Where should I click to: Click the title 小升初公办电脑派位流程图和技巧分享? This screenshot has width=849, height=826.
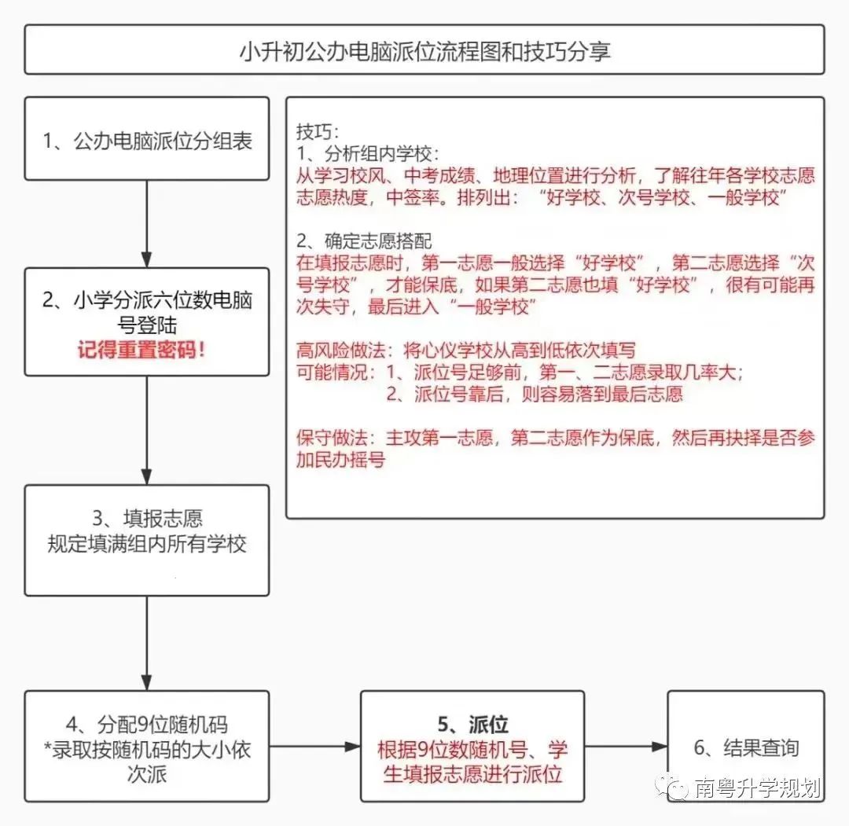point(425,51)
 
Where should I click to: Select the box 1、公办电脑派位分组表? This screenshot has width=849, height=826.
point(147,138)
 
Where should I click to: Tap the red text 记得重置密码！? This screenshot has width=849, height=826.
point(141,351)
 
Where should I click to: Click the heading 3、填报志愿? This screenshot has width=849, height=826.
point(147,518)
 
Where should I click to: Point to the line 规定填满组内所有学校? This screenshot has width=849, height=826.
point(147,543)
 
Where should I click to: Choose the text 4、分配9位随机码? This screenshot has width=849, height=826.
point(147,725)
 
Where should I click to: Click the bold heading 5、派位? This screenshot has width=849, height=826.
point(472,724)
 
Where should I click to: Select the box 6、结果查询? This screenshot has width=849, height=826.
point(746,746)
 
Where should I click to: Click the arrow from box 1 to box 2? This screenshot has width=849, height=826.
point(147,224)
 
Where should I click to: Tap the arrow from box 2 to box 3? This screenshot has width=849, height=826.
point(147,431)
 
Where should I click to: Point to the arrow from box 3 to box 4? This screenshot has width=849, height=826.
point(147,644)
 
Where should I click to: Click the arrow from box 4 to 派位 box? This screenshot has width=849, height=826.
point(315,747)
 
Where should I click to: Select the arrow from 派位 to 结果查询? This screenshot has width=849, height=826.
point(626,747)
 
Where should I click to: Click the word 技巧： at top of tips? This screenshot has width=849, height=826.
point(318,131)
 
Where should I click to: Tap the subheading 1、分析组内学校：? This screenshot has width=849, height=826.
point(368,154)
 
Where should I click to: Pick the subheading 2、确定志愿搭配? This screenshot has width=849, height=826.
point(364,240)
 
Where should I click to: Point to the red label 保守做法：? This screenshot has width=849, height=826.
point(336,437)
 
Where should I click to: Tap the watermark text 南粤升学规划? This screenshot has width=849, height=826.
point(758,787)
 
